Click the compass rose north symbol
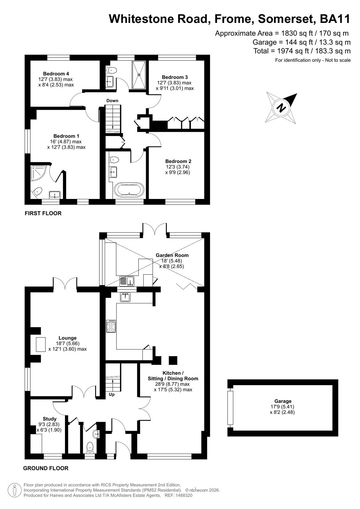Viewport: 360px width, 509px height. [281, 108]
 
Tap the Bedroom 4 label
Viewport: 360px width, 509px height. [56, 74]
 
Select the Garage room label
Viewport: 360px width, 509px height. [283, 401]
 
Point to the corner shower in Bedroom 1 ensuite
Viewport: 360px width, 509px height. [38, 173]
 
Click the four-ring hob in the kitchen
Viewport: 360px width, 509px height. [111, 327]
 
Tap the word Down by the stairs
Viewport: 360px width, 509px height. [112, 101]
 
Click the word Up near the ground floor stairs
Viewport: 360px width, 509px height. [112, 394]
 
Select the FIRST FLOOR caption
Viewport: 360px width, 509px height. [43, 213]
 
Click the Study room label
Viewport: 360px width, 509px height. [50, 419]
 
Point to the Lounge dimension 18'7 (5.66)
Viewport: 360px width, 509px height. [67, 343]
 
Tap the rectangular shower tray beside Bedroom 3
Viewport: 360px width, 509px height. [139, 75]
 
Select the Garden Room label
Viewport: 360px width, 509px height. [172, 255]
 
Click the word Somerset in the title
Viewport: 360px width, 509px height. [286, 19]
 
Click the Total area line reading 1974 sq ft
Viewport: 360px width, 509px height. [302, 51]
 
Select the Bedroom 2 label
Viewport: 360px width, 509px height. [178, 161]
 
